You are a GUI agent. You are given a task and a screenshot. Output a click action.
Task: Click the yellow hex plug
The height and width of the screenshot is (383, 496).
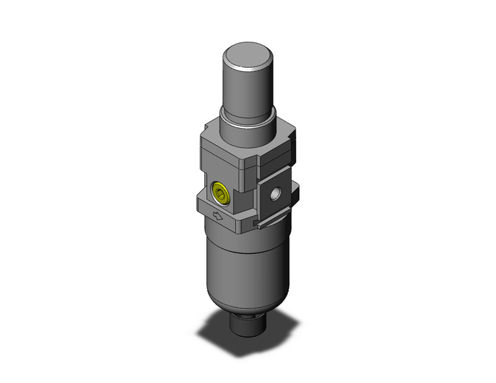pyautogui.click(x=221, y=192)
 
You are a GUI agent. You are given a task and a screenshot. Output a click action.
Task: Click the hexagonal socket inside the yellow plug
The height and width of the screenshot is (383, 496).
pyautogui.click(x=221, y=193)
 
